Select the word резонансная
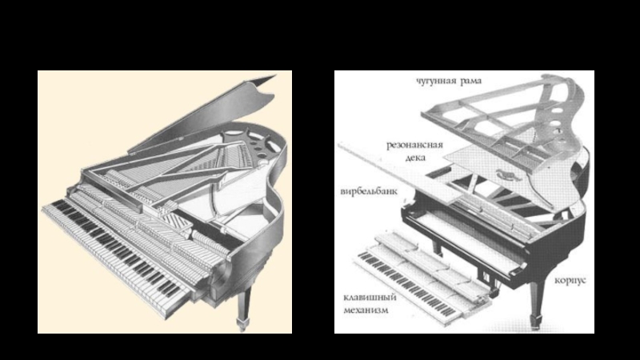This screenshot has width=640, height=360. point(413,146)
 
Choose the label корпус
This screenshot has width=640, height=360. point(570,282)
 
